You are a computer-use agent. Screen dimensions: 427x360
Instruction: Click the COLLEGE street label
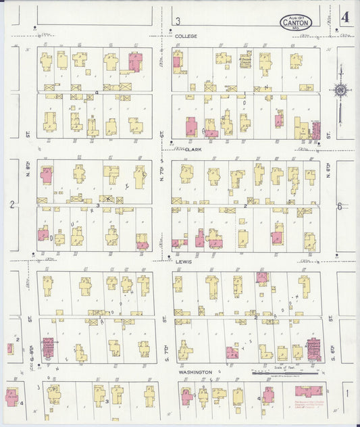click(x=186, y=36)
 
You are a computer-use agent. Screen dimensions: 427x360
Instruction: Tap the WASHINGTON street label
click(x=196, y=372)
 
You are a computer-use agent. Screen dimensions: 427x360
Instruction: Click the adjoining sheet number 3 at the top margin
click(x=178, y=21)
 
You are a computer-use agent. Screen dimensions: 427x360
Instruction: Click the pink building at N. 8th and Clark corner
click(x=47, y=175)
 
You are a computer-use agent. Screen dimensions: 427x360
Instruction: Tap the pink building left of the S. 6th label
click(x=313, y=348)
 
